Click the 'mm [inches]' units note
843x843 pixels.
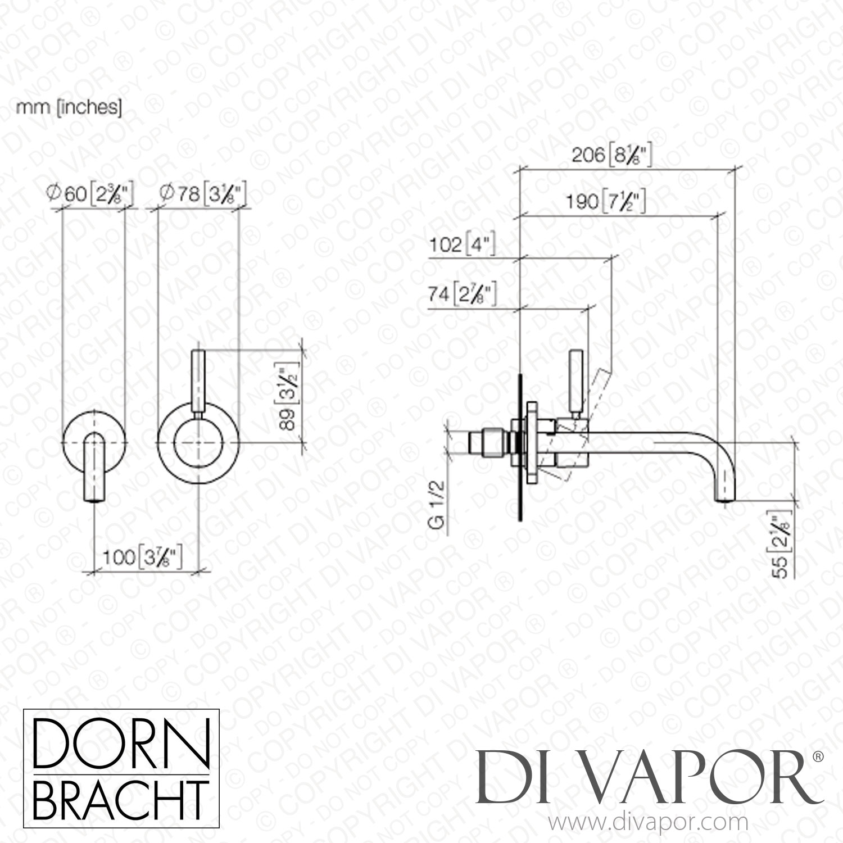69,108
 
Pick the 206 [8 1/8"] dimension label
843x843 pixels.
611,155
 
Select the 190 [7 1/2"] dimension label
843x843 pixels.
605,201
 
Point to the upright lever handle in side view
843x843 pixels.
576,382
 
